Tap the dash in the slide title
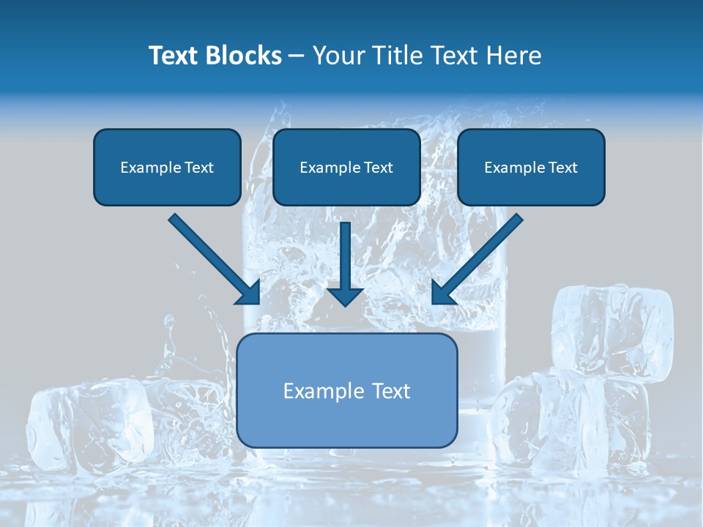297,56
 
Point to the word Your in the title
341,56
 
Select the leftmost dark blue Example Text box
167,168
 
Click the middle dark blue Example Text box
346,168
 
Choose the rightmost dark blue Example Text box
531,168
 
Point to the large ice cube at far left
88,425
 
